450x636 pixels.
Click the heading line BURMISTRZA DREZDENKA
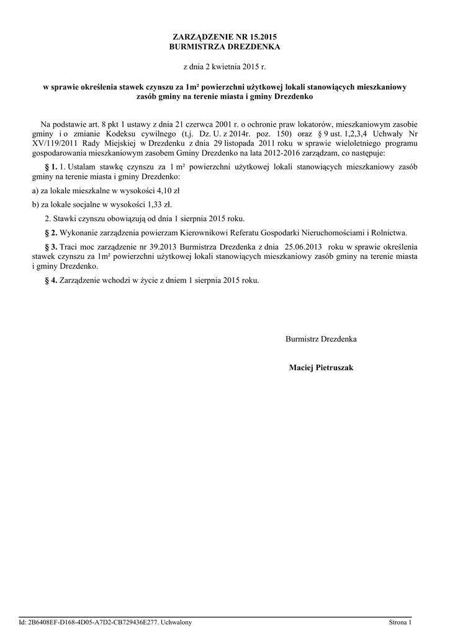pyautogui.click(x=225, y=47)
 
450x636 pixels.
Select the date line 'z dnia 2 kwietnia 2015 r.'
pyautogui.click(x=225, y=65)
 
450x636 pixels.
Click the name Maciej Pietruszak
pyautogui.click(x=321, y=368)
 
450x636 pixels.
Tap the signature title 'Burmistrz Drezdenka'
pyautogui.click(x=321, y=339)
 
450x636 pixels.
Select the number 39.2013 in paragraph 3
pyautogui.click(x=145, y=247)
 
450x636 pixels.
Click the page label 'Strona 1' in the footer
pyautogui.click(x=400, y=622)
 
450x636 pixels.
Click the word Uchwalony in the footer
pyautogui.click(x=176, y=622)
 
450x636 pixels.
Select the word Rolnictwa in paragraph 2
pyautogui.click(x=389, y=233)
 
